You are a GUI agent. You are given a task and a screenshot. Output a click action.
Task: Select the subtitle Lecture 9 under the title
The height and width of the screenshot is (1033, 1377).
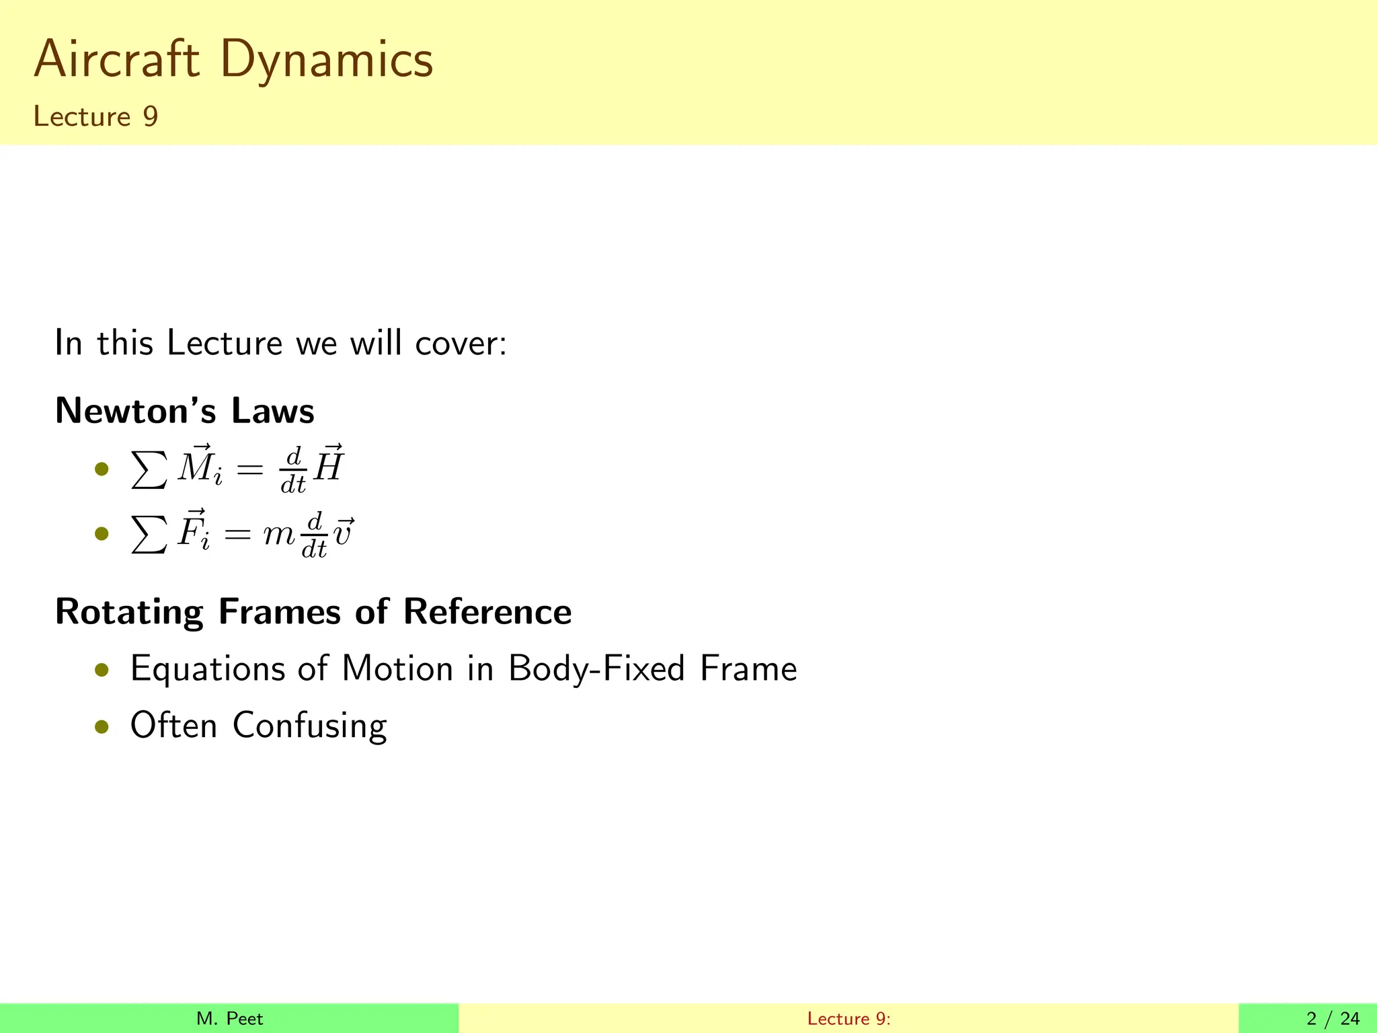pyautogui.click(x=95, y=116)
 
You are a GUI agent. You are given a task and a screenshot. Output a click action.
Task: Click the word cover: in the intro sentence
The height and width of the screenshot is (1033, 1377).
pyautogui.click(x=461, y=343)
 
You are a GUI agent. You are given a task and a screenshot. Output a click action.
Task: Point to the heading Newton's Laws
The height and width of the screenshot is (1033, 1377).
pyautogui.click(x=184, y=410)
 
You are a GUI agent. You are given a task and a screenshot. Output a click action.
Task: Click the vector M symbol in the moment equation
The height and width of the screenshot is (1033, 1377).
pyautogui.click(x=195, y=465)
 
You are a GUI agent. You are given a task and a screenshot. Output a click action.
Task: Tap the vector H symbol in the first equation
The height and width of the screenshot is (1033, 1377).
pyautogui.click(x=329, y=465)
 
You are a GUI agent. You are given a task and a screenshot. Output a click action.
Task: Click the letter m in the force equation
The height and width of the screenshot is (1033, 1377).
pyautogui.click(x=277, y=535)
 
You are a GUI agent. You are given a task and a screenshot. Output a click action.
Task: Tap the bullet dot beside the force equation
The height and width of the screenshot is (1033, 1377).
pyautogui.click(x=102, y=535)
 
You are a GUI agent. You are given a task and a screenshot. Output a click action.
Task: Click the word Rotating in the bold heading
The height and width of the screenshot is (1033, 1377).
pyautogui.click(x=129, y=612)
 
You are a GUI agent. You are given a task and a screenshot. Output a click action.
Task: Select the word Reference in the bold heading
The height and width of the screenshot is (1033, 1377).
pyautogui.click(x=487, y=612)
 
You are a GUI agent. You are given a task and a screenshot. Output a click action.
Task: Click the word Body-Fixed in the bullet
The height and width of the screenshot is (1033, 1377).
pyautogui.click(x=596, y=669)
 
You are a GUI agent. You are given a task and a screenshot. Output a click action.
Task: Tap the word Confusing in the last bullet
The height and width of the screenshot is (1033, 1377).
pyautogui.click(x=309, y=726)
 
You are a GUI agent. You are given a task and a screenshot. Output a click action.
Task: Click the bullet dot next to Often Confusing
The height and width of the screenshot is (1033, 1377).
pyautogui.click(x=102, y=726)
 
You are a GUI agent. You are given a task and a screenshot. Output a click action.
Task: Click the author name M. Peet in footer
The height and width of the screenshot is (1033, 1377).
pyautogui.click(x=229, y=1019)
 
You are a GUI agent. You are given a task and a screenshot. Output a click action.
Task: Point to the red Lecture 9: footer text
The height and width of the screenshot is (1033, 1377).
pyautogui.click(x=849, y=1019)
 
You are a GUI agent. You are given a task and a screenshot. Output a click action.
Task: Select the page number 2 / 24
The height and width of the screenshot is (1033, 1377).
pyautogui.click(x=1333, y=1019)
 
